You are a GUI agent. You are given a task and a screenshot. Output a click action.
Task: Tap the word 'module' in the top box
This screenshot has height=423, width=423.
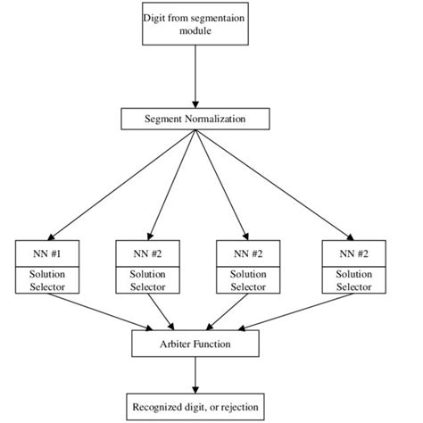tap(195, 32)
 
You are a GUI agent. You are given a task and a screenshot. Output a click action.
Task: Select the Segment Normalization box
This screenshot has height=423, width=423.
tap(195, 119)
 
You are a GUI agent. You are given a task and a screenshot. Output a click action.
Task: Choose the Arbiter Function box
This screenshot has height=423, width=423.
tap(195, 342)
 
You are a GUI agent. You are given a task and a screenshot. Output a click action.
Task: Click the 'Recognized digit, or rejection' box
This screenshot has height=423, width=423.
tap(195, 407)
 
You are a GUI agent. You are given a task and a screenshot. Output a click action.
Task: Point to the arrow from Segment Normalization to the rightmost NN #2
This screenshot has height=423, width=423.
tap(272, 183)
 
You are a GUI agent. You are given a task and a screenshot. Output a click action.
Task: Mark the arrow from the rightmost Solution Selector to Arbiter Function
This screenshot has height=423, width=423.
tap(294, 312)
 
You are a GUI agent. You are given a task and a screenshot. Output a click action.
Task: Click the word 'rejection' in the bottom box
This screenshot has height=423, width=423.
tap(236, 407)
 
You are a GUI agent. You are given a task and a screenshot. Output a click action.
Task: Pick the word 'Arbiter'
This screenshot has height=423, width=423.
tap(175, 342)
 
